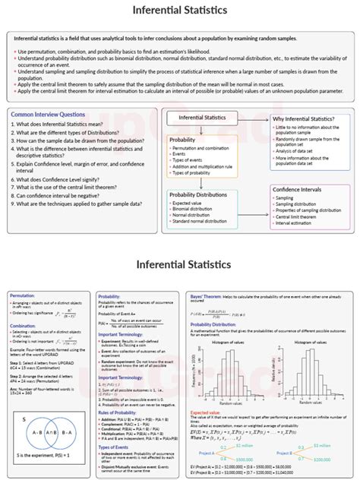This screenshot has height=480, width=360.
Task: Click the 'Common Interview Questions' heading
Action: tap(47, 114)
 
